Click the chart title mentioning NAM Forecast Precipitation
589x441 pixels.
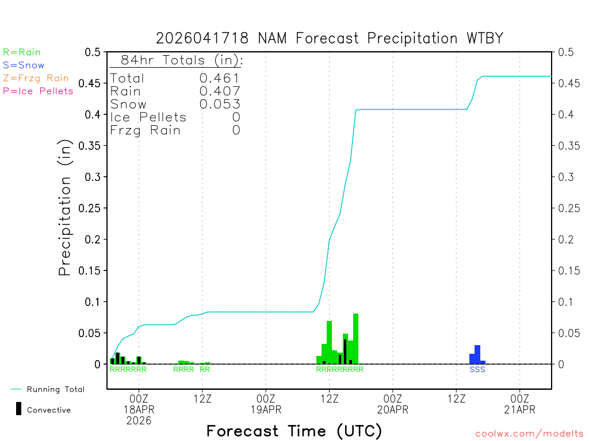(330, 38)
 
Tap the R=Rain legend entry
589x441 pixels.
(22, 52)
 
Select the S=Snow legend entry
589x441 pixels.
(24, 65)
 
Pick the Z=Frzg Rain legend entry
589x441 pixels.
(36, 78)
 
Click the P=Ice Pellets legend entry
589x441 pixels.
(38, 91)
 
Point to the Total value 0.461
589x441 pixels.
(220, 78)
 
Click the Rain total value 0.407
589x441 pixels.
(220, 91)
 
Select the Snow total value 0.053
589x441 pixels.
(220, 104)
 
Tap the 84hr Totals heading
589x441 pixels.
(176, 60)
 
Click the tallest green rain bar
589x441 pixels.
(355, 339)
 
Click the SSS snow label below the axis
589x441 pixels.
(477, 370)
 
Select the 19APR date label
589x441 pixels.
(266, 409)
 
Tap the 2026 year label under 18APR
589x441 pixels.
(139, 421)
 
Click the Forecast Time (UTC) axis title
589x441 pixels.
(294, 431)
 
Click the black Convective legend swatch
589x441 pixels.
(19, 408)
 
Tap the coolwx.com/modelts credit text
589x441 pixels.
(529, 434)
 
